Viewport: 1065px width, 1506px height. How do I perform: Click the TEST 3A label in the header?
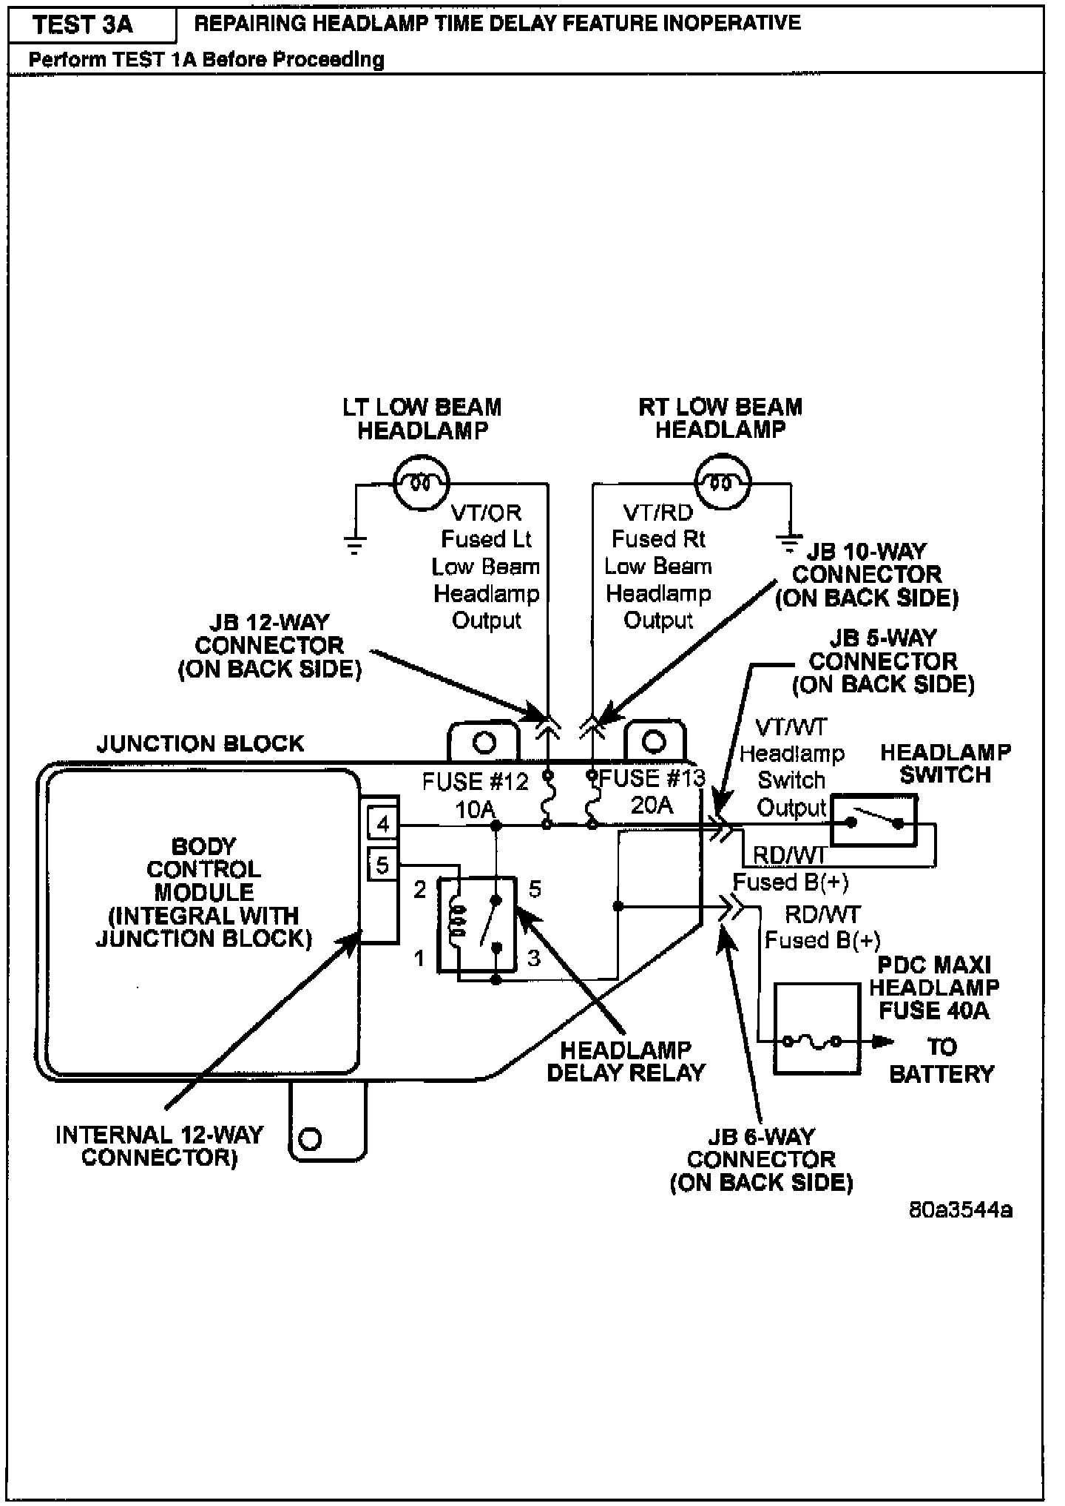(83, 25)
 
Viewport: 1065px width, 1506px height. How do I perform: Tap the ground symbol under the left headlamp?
(356, 545)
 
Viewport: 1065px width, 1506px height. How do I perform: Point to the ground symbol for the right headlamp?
(791, 544)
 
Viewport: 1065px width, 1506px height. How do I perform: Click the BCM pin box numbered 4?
(382, 823)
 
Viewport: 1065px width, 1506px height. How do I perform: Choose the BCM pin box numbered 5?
(382, 865)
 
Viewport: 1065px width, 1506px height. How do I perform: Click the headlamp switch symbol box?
(874, 821)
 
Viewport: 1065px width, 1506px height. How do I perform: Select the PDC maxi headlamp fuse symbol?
(816, 1028)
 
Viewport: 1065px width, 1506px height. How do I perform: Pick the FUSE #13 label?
(652, 779)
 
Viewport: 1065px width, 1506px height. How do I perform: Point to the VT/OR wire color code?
(486, 513)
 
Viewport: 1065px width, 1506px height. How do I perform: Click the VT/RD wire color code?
(658, 513)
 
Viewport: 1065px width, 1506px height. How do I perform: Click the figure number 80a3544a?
(961, 1209)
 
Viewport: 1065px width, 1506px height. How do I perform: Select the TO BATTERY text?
(941, 1060)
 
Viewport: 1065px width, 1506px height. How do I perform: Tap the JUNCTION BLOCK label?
(200, 743)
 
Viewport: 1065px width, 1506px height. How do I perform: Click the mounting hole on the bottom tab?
(311, 1138)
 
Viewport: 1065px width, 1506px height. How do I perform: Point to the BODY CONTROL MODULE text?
(204, 869)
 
